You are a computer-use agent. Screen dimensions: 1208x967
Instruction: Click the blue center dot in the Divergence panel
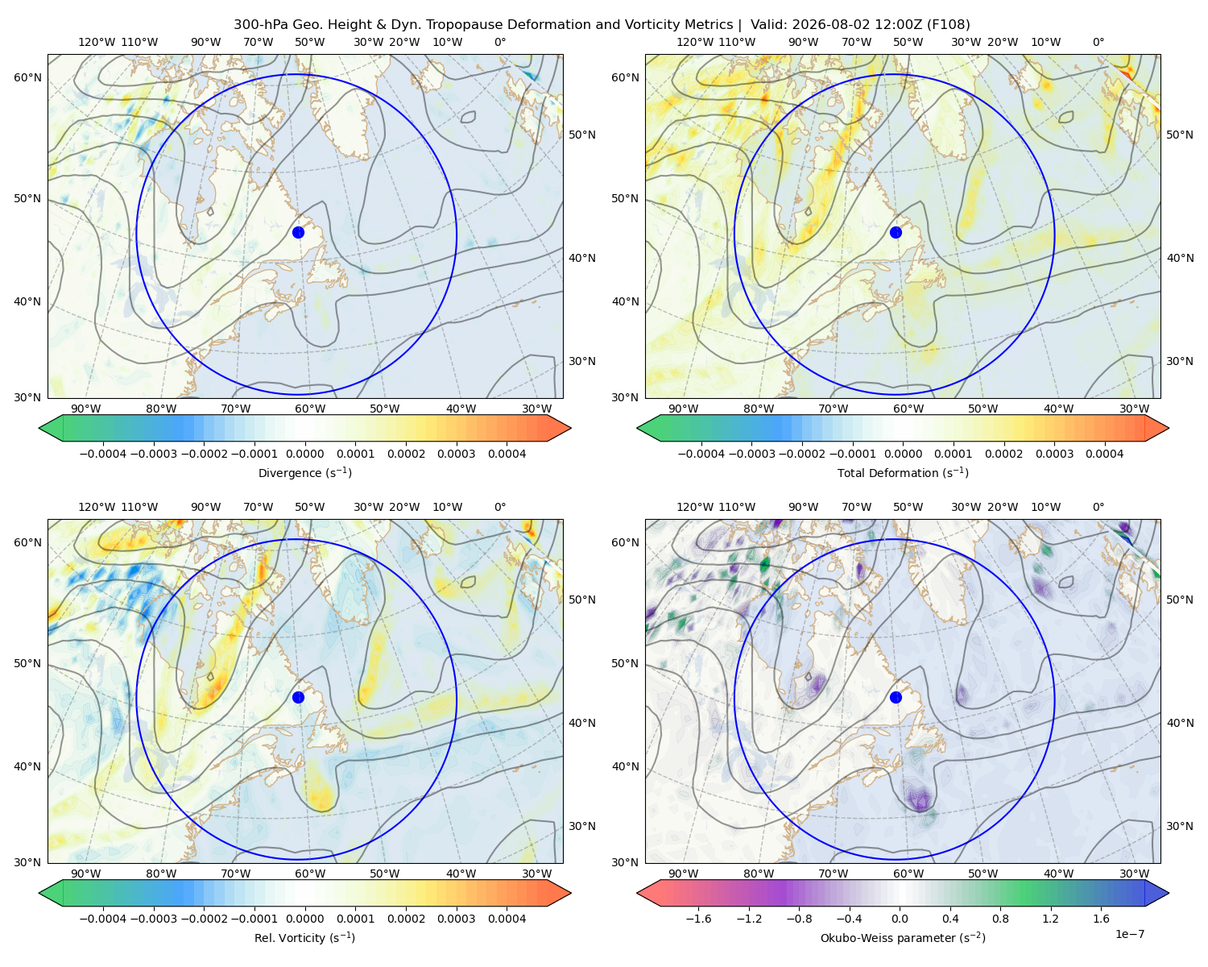point(298,232)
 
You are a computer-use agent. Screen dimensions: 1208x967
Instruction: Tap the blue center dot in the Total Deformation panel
point(896,232)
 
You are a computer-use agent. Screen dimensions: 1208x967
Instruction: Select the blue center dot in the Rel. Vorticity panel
point(298,697)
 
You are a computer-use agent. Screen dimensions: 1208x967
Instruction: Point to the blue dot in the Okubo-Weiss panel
point(896,697)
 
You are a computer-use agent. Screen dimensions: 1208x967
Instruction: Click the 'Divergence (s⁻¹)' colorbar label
point(304,472)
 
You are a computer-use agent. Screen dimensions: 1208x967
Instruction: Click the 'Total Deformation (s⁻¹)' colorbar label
point(903,472)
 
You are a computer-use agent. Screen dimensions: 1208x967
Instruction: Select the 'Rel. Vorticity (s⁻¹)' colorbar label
point(304,937)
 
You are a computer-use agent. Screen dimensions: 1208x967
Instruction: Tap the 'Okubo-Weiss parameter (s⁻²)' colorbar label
point(903,937)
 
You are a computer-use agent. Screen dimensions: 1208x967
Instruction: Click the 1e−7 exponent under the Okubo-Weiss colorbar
point(1129,934)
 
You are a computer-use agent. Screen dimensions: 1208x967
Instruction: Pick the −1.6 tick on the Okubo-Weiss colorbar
point(698,919)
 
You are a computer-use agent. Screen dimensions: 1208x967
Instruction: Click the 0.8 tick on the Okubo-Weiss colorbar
point(1000,919)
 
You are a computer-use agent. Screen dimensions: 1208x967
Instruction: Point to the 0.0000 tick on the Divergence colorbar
point(304,454)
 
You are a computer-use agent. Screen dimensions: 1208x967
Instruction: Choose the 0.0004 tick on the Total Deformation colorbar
point(1105,454)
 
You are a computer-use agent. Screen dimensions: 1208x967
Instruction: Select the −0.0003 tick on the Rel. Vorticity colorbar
point(153,919)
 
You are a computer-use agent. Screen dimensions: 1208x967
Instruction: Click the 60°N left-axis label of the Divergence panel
point(27,77)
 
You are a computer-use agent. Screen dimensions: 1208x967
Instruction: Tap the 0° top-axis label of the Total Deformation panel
point(1098,42)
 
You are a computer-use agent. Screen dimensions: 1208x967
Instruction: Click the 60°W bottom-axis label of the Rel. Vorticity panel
point(310,874)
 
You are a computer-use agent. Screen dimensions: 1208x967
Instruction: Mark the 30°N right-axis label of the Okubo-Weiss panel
point(1179,826)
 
